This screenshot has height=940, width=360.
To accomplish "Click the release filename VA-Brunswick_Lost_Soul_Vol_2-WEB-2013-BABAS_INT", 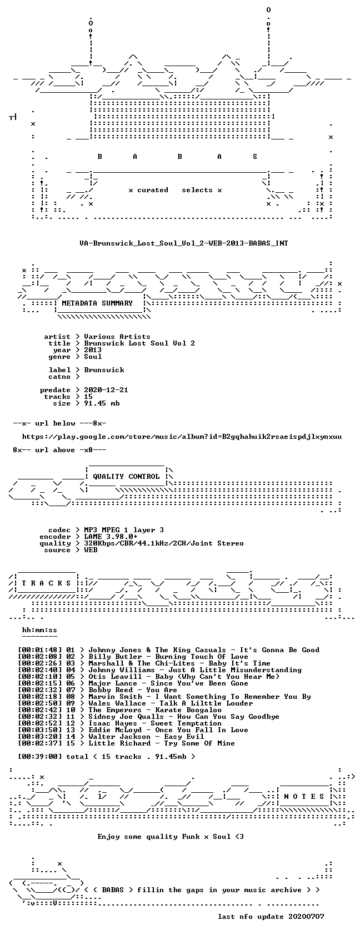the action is click(x=184, y=243).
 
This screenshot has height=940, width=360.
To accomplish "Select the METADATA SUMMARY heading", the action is click(x=97, y=303).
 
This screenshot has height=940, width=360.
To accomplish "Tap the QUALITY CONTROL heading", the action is click(x=126, y=476).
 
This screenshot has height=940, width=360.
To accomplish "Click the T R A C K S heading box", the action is click(x=47, y=583).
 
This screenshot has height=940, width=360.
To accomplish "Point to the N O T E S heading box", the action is click(x=304, y=796).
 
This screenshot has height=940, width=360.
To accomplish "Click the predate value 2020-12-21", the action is click(x=106, y=390).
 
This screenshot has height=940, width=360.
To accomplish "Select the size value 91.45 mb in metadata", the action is click(x=102, y=403).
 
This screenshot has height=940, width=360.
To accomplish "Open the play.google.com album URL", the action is click(x=182, y=437).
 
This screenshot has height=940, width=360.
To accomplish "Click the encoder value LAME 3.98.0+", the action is click(x=111, y=536).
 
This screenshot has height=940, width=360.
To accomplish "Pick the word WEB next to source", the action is click(x=91, y=550).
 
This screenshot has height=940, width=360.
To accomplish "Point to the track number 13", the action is click(x=71, y=730).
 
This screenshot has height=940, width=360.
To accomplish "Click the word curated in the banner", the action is click(x=153, y=190).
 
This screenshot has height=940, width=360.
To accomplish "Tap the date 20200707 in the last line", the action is click(x=306, y=917).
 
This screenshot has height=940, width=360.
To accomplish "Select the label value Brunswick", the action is click(x=104, y=369).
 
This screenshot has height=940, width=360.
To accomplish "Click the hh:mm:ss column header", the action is click(x=39, y=630).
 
